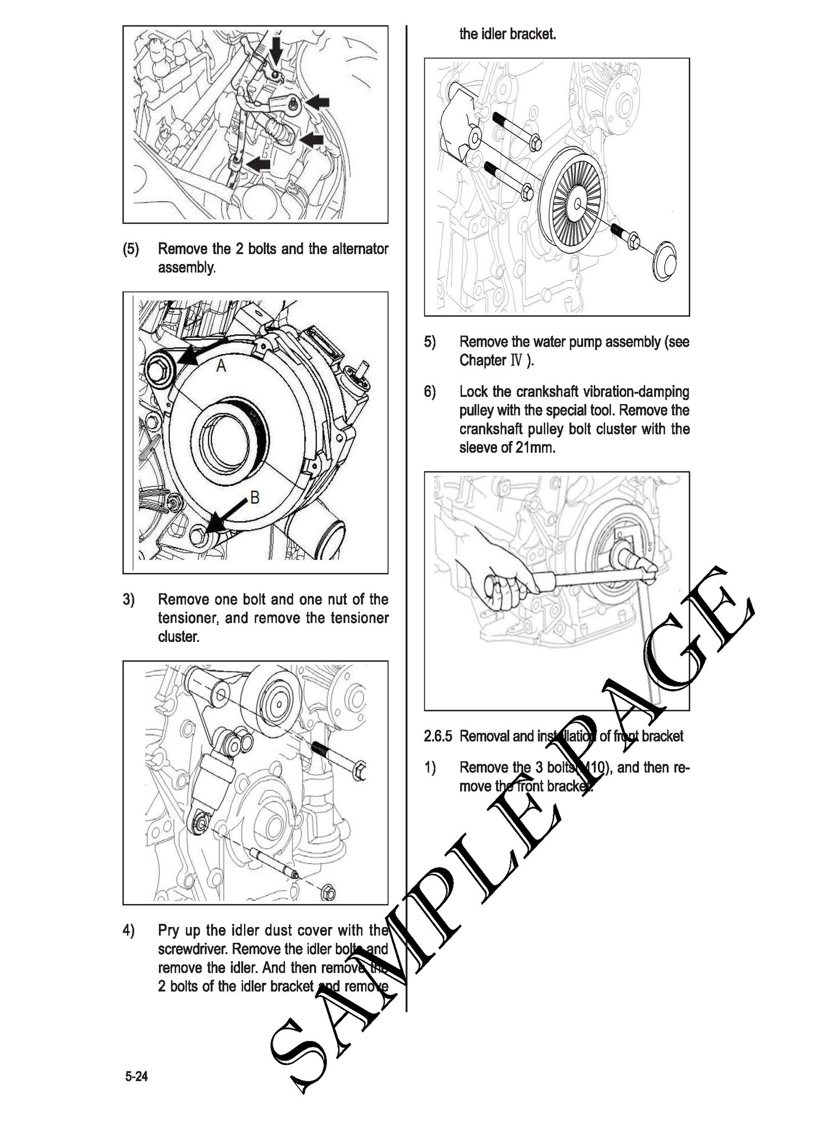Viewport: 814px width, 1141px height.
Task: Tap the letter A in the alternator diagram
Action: click(x=221, y=367)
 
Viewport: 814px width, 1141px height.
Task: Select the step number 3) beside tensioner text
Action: click(x=129, y=600)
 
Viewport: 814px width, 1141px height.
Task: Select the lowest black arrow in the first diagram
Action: click(x=257, y=163)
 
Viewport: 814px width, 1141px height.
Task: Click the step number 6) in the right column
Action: click(x=430, y=392)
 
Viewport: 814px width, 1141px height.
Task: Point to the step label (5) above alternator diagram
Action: click(x=130, y=249)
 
